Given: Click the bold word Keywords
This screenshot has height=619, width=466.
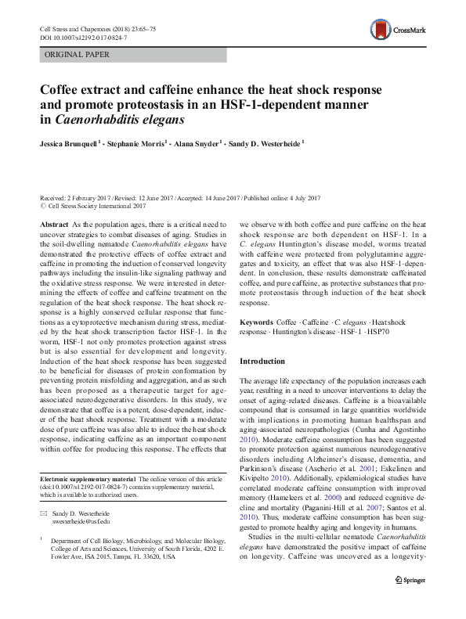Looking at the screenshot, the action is [256, 322].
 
